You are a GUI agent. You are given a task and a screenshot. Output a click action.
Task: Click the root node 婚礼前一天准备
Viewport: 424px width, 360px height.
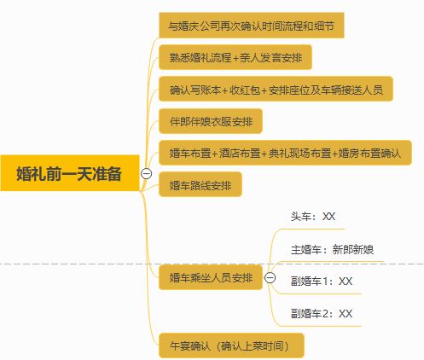[70, 173]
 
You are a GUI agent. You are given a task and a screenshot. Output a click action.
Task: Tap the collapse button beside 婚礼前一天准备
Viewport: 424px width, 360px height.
[147, 173]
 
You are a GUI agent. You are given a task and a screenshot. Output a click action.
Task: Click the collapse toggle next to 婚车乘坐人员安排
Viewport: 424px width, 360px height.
[270, 277]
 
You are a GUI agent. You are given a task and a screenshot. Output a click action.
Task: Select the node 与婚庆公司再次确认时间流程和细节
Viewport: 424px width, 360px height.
[252, 26]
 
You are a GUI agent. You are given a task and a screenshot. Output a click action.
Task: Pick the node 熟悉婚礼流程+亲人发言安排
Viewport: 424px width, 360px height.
[235, 57]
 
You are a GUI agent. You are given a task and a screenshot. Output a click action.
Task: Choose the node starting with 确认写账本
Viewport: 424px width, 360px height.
[276, 89]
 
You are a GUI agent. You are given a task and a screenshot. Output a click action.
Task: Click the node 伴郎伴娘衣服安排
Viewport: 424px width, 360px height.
[211, 121]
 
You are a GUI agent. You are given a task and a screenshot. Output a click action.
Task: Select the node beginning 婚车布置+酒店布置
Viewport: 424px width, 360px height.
[285, 153]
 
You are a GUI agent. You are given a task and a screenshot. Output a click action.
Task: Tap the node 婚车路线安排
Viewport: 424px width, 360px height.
[200, 184]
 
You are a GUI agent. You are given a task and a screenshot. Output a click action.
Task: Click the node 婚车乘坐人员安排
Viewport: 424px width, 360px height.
[211, 277]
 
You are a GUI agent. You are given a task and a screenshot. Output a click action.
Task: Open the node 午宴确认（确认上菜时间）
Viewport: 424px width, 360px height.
[231, 345]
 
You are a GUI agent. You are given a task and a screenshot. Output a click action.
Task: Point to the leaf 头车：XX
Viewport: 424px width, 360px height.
[313, 217]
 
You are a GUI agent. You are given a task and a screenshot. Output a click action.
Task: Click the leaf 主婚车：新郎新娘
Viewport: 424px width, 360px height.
[332, 250]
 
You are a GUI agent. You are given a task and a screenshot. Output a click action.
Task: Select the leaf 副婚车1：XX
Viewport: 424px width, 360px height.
[322, 282]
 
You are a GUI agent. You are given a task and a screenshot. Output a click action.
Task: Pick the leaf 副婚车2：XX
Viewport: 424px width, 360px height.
[322, 314]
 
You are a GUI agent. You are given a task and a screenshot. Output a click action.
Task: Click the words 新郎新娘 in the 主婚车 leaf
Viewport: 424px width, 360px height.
[353, 250]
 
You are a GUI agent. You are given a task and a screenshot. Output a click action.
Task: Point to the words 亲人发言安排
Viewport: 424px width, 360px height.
[271, 57]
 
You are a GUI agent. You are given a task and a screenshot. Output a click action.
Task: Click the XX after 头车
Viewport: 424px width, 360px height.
[329, 217]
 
